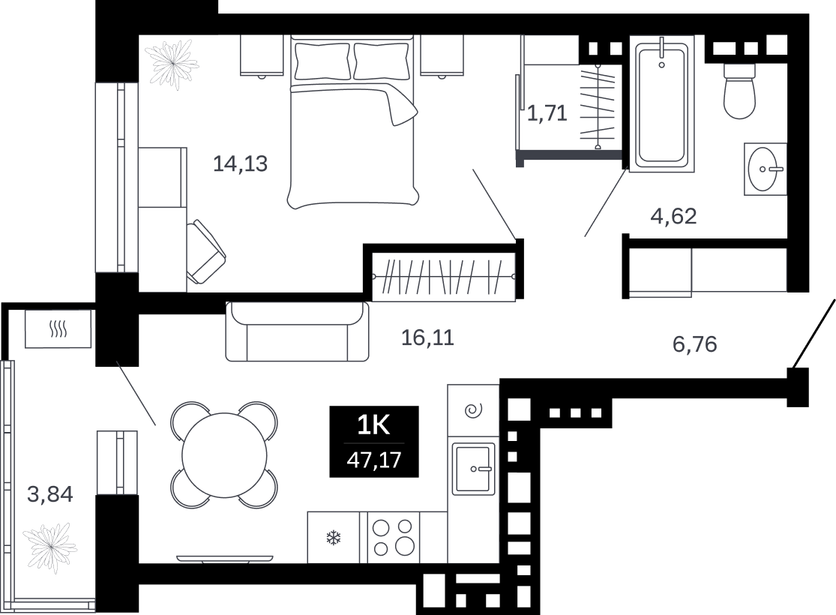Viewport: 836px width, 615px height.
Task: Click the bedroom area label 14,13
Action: point(240,163)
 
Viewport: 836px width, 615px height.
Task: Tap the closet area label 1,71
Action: point(547,113)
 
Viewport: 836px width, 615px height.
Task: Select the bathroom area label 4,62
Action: point(673,216)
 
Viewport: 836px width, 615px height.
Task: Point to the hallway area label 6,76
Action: point(695,344)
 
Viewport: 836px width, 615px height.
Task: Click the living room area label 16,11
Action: point(427,337)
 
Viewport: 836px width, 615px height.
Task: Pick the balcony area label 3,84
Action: point(50,494)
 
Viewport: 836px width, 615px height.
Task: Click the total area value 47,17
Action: point(373,459)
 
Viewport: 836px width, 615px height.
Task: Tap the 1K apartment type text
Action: point(373,426)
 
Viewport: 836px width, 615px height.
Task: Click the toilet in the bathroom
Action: point(739,90)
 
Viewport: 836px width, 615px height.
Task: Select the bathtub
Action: point(661,104)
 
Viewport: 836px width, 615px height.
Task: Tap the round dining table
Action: point(224,455)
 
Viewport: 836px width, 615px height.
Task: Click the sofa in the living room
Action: point(297,331)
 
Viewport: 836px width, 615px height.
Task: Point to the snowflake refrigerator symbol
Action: point(334,538)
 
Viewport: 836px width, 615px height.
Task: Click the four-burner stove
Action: point(394,537)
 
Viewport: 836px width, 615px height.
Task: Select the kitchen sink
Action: point(474,469)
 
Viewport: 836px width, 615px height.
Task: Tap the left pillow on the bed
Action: point(322,61)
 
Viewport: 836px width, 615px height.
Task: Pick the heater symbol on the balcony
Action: point(58,329)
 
